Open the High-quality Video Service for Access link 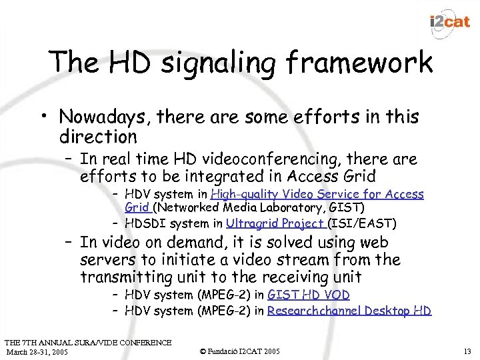click(x=317, y=194)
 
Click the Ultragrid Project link click(x=275, y=223)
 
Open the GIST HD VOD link click(x=308, y=295)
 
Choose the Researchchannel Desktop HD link click(x=349, y=311)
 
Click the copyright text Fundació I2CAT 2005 click(x=239, y=351)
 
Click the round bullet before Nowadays click(x=49, y=118)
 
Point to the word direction click(x=98, y=137)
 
